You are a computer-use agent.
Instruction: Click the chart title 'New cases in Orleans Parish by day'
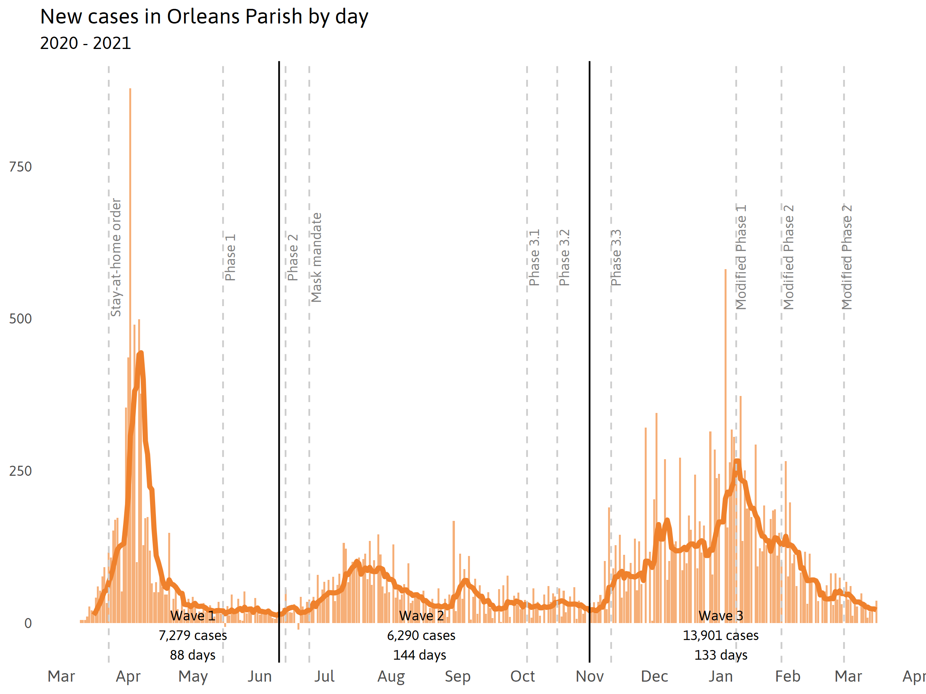click(204, 17)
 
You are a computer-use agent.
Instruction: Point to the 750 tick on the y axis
click(20, 167)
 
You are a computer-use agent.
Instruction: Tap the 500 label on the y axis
click(20, 319)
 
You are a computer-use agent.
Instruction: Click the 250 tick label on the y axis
click(20, 471)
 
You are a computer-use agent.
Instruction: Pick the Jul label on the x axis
click(324, 676)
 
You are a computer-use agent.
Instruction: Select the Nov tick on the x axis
click(590, 676)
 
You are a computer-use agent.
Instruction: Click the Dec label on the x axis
click(654, 676)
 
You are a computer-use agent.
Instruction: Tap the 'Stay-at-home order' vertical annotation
click(115, 257)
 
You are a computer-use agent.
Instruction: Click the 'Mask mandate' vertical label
click(316, 257)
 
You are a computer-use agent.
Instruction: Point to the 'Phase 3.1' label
click(534, 257)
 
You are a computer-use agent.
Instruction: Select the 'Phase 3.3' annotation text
click(616, 257)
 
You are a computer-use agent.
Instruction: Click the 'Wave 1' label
click(193, 616)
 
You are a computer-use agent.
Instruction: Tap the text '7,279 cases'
click(193, 635)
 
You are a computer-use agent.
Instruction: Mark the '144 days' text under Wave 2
click(419, 655)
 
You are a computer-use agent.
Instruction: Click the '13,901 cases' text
click(720, 635)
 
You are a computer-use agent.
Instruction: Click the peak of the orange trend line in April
click(141, 354)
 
